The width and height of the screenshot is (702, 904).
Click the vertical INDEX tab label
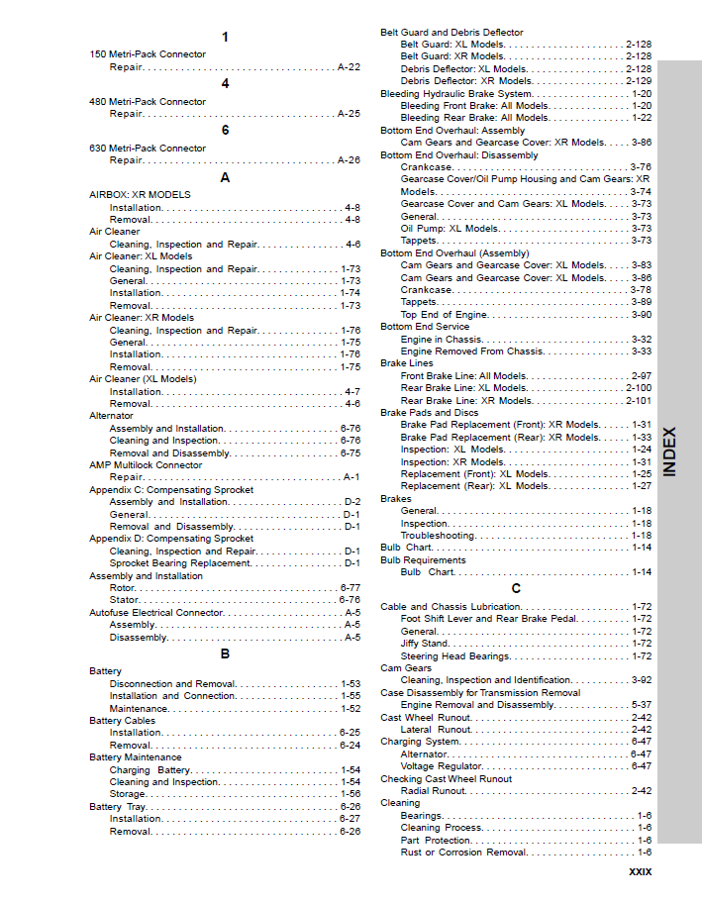click(670, 452)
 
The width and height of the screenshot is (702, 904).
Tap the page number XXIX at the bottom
click(640, 872)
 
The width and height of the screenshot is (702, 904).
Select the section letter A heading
click(225, 177)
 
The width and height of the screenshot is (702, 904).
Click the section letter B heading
click(225, 653)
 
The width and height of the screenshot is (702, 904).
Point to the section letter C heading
click(516, 589)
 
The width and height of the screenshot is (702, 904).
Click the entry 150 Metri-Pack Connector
click(148, 54)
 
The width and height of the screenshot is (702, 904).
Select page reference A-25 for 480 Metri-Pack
click(349, 114)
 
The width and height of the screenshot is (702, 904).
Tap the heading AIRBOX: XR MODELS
click(140, 195)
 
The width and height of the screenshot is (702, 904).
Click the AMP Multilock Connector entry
click(146, 464)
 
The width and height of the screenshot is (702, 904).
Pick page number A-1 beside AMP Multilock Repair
click(351, 477)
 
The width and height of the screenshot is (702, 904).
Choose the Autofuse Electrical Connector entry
click(156, 613)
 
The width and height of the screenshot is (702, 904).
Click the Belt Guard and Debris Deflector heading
click(451, 33)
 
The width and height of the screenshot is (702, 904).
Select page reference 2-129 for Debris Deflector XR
click(639, 81)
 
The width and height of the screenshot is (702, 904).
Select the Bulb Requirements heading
click(423, 560)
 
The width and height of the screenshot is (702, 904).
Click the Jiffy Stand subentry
click(424, 644)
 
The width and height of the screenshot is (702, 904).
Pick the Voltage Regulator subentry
click(441, 766)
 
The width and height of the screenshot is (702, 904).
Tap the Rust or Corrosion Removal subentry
click(463, 853)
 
